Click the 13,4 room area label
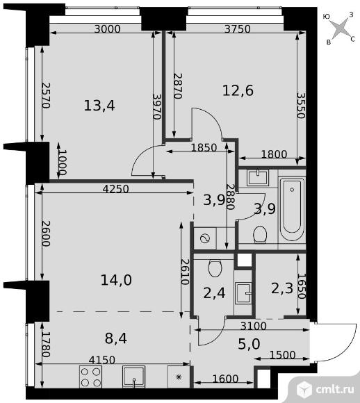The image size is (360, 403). pyautogui.click(x=99, y=106)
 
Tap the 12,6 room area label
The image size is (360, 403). pyautogui.click(x=238, y=90)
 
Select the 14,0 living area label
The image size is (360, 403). pyautogui.click(x=116, y=279)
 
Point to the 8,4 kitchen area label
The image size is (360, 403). pyautogui.click(x=116, y=338)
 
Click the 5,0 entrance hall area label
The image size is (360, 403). pyautogui.click(x=249, y=344)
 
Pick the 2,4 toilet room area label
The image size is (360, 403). pyautogui.click(x=214, y=293)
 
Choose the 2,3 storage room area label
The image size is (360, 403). pyautogui.click(x=282, y=288)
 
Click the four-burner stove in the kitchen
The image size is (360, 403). pyautogui.click(x=90, y=377)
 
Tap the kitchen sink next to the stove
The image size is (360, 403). pyautogui.click(x=133, y=377)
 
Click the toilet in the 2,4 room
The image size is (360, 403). pyautogui.click(x=215, y=268)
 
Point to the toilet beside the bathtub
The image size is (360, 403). pyautogui.click(x=260, y=234)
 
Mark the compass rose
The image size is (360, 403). pyautogui.click(x=339, y=28)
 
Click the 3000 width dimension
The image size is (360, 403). pyautogui.click(x=107, y=28)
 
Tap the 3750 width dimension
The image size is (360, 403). pyautogui.click(x=238, y=28)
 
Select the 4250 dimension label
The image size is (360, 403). pyautogui.click(x=115, y=189)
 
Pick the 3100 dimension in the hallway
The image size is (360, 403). pyautogui.click(x=253, y=326)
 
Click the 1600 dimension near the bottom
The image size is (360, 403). pyautogui.click(x=225, y=379)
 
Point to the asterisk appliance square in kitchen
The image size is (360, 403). pyautogui.click(x=179, y=377)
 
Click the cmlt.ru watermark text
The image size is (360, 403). pyautogui.click(x=335, y=389)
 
